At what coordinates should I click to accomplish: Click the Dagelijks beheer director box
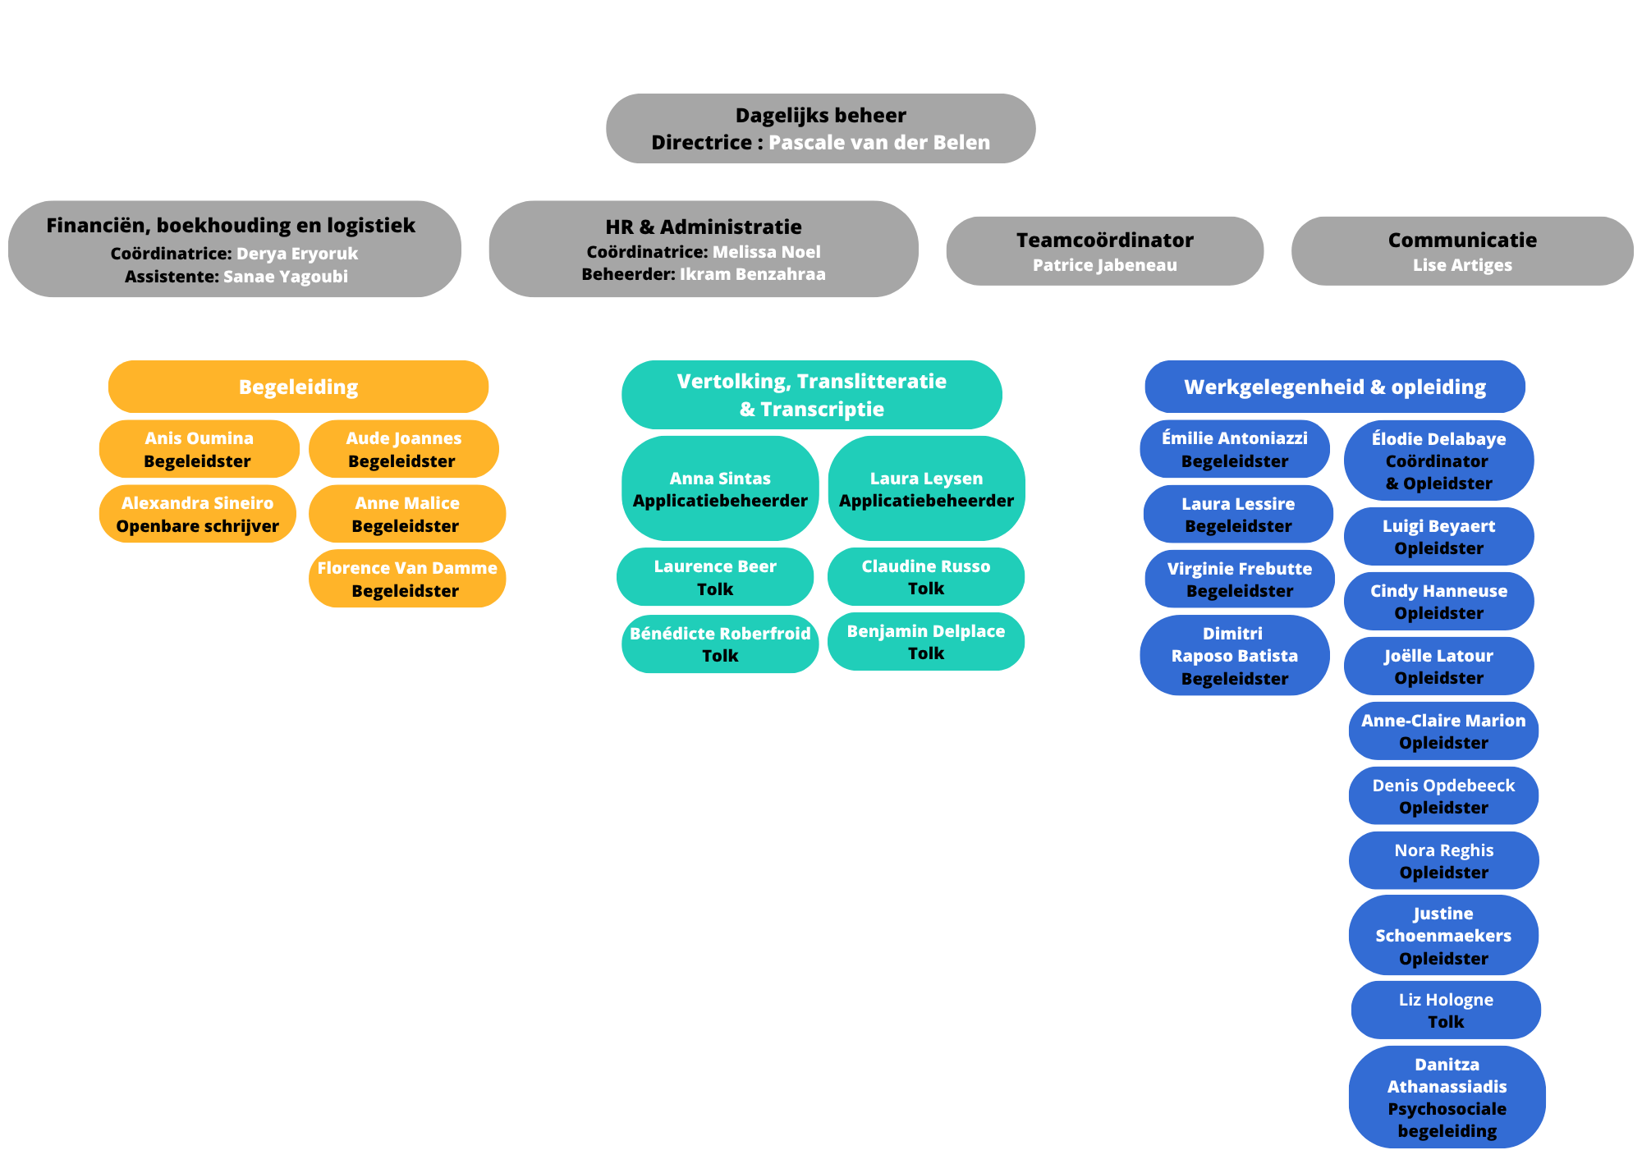[x=820, y=128]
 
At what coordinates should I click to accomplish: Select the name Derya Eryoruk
[x=297, y=254]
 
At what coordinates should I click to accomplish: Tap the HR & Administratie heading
[x=704, y=227]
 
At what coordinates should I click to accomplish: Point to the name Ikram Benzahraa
[x=753, y=274]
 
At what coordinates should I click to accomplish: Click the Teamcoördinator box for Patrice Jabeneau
[x=1104, y=251]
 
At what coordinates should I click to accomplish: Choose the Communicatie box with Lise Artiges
[x=1462, y=251]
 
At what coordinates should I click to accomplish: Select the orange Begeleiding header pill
[x=298, y=387]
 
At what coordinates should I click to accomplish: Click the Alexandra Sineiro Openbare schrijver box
[x=198, y=514]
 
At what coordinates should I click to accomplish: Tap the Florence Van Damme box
[x=407, y=579]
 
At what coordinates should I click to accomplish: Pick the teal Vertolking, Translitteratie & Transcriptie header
[x=811, y=395]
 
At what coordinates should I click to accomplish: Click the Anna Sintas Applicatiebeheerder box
[x=720, y=488]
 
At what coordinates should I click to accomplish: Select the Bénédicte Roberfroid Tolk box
[x=720, y=644]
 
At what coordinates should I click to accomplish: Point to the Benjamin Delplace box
[x=926, y=642]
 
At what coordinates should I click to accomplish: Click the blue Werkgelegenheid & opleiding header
[x=1335, y=387]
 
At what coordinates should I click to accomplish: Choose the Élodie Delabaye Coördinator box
[x=1438, y=460]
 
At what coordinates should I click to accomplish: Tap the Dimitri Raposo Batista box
[x=1235, y=655]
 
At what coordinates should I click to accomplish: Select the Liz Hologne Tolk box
[x=1446, y=1010]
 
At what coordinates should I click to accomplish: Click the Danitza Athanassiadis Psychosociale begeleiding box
[x=1447, y=1097]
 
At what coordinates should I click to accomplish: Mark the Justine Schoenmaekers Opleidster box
[x=1443, y=935]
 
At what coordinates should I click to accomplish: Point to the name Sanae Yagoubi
[x=286, y=277]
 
